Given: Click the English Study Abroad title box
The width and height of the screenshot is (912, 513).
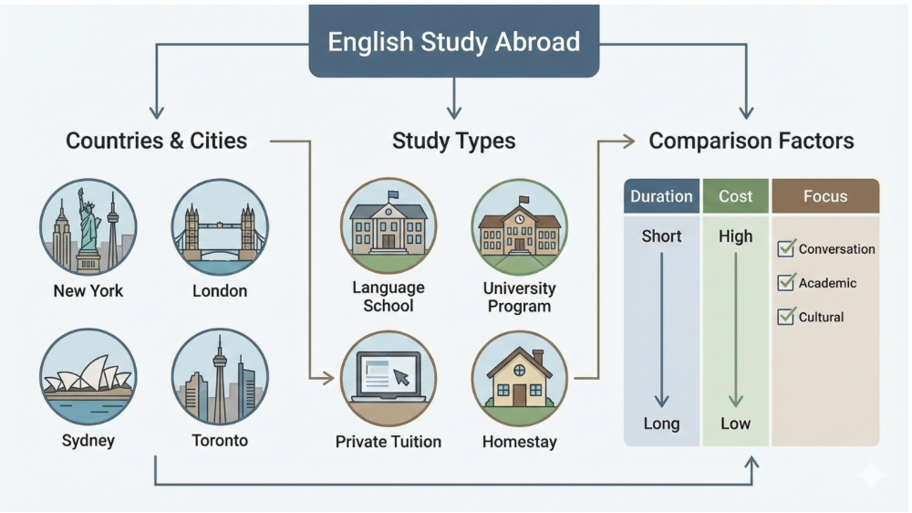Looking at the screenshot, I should pos(453,42).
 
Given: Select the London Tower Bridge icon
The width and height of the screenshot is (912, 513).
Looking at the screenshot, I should pos(219,227).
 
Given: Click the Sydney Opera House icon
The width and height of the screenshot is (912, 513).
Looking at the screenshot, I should pos(88,376).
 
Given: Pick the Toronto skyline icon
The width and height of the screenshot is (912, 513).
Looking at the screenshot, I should pos(219,376).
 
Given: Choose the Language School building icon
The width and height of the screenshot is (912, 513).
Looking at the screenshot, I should pos(389,225).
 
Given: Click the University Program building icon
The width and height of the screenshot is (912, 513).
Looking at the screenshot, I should pos(519,227).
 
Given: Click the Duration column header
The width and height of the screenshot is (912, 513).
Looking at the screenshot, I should pos(661,196).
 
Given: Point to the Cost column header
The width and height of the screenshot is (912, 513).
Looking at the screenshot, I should pos(736,196).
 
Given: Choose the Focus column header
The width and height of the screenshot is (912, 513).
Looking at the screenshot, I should pos(825,196).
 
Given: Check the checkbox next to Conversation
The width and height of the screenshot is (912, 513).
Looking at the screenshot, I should pos(786,248).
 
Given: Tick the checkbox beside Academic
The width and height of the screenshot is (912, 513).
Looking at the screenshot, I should pos(786,283).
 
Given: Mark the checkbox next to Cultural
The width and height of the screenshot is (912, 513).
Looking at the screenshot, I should pos(786,317).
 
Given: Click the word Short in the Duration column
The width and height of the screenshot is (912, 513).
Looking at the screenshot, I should pos(661,236).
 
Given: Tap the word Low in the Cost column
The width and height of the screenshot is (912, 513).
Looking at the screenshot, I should pos(736,424).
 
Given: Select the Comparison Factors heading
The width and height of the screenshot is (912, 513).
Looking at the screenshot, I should pos(751,141).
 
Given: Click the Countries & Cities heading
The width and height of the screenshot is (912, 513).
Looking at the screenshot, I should pos(156,141).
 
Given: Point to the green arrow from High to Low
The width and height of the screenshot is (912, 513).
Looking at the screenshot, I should pos(736,329).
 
